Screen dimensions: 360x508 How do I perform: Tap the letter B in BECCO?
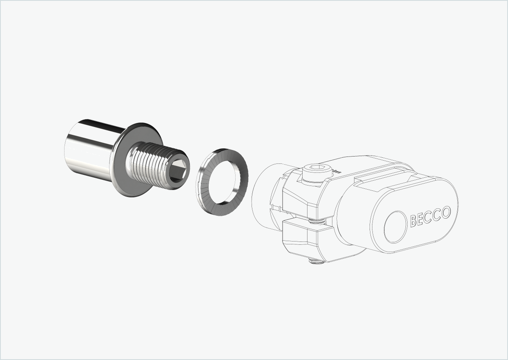pyautogui.click(x=413, y=221)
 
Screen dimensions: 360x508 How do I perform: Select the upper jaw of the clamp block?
pyautogui.click(x=300, y=196)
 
